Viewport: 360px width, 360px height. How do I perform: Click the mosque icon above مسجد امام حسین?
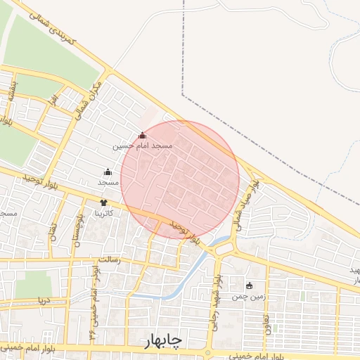pyautogui.click(x=143, y=135)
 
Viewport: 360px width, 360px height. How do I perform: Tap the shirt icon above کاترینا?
pyautogui.click(x=104, y=202)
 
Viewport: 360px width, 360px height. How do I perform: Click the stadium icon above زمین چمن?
pyautogui.click(x=250, y=285)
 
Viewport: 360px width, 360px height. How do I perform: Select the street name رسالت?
pyautogui.click(x=109, y=259)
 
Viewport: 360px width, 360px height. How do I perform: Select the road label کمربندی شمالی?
pyautogui.click(x=56, y=30)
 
